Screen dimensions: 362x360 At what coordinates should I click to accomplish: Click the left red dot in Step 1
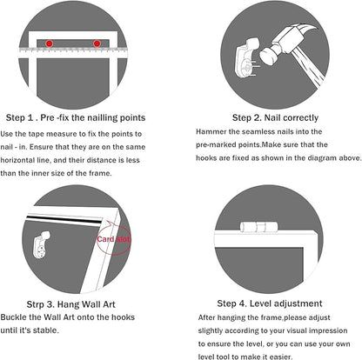coord(50,43)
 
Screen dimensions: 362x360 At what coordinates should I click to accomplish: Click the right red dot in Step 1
coord(97,43)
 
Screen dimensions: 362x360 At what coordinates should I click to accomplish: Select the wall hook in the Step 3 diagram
coord(42,245)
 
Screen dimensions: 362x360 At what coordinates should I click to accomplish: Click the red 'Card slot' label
coord(113,239)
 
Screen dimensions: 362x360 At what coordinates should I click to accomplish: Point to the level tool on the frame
coord(258,227)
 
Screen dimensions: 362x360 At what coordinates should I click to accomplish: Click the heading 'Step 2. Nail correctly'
coord(275,117)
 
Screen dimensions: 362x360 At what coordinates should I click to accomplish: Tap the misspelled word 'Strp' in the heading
coord(35,304)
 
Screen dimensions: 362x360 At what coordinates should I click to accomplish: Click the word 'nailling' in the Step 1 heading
coord(103,117)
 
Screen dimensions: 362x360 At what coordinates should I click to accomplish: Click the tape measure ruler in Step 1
coord(73,52)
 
